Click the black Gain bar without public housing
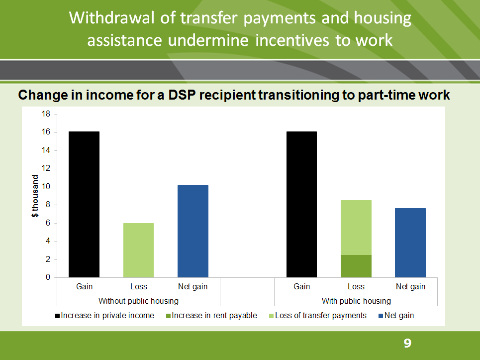(x=84, y=204)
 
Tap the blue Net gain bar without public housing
(x=193, y=231)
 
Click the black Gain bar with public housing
(x=302, y=204)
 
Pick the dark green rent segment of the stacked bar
(x=356, y=266)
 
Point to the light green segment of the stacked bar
(x=356, y=228)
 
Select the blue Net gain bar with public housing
(x=410, y=242)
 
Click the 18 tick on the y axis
(x=46, y=114)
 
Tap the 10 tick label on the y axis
(x=46, y=187)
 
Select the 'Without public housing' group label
(x=138, y=301)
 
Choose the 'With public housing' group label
(x=356, y=301)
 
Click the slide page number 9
(x=407, y=343)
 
